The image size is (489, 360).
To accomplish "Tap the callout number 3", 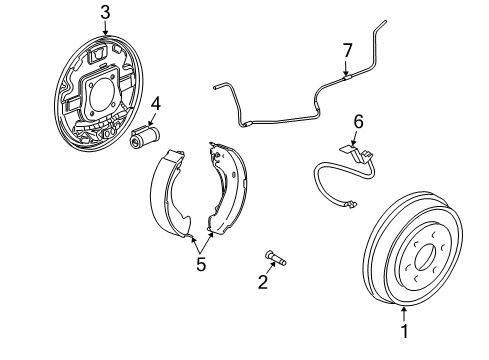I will (106, 12).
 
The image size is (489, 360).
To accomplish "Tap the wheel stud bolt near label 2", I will (275, 260).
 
